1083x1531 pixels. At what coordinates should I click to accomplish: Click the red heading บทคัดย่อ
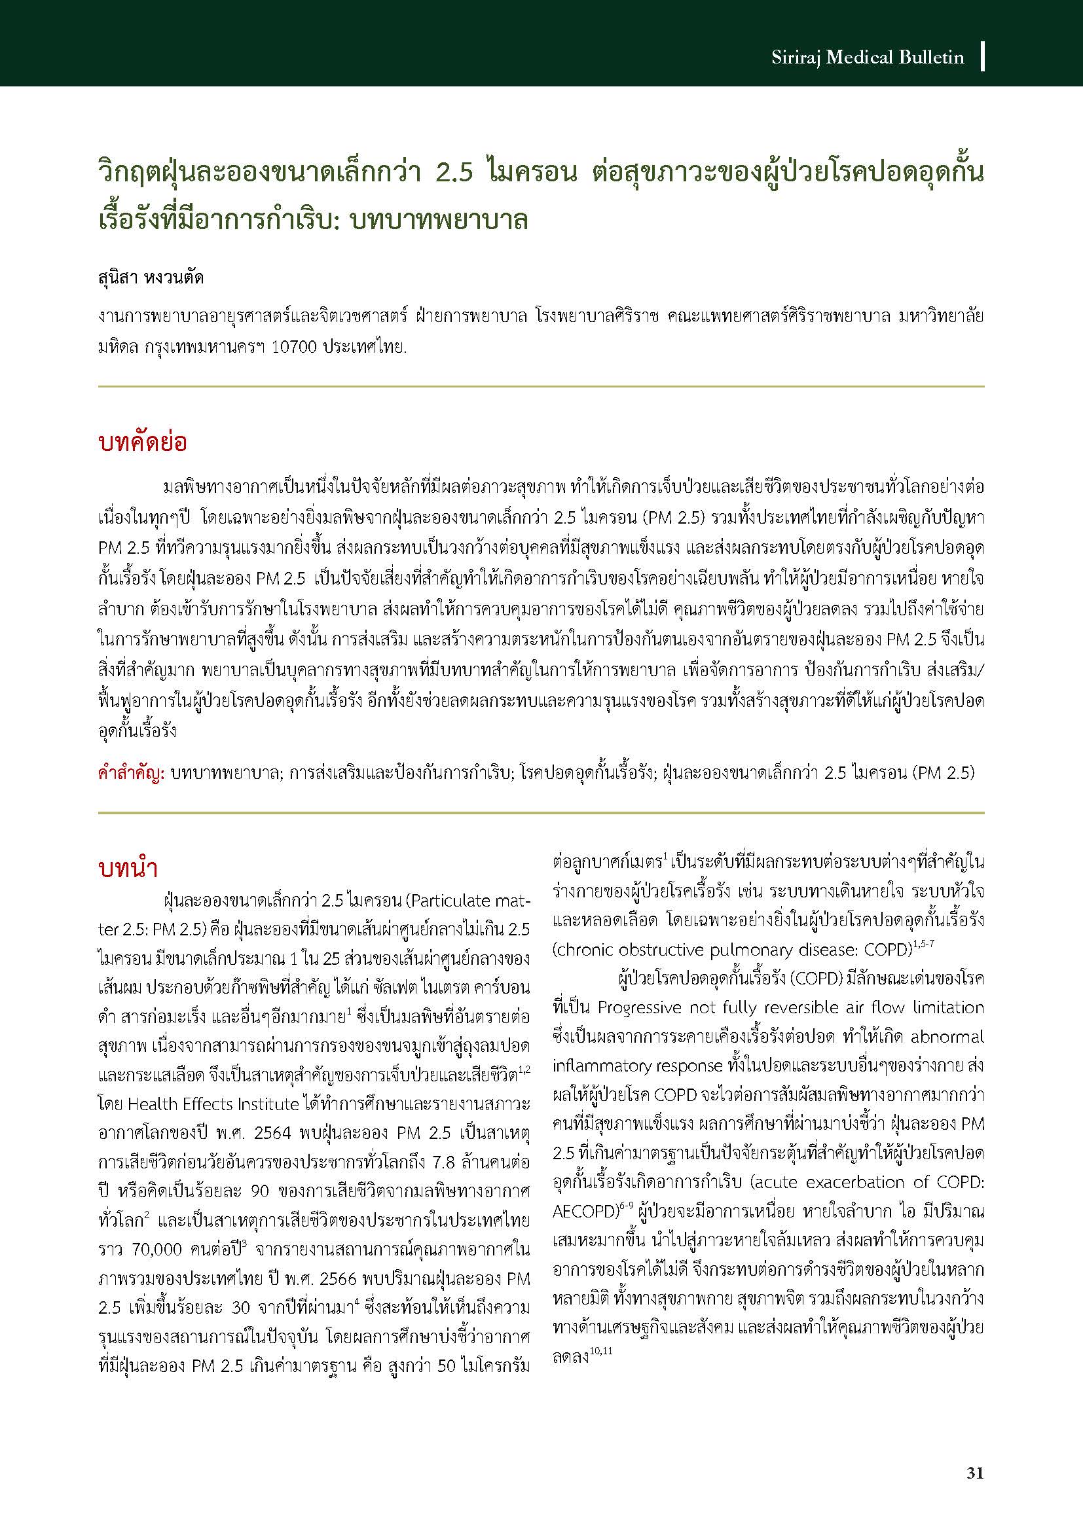point(142,443)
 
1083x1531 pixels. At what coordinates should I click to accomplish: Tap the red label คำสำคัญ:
point(131,774)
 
